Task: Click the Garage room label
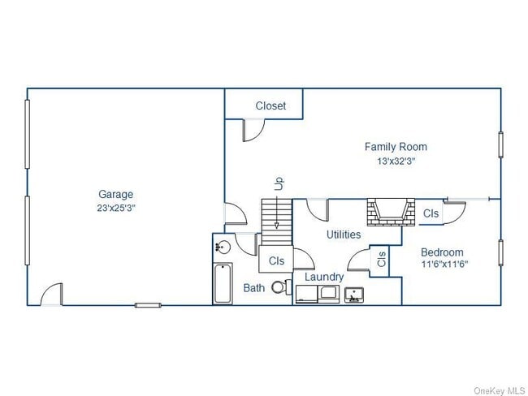point(116,195)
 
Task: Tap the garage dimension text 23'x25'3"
point(116,209)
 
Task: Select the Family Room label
point(396,147)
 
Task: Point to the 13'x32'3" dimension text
point(396,161)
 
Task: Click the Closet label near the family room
point(270,105)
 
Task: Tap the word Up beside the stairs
point(279,183)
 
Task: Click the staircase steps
point(277,222)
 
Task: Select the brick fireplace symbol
point(391,212)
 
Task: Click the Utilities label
point(344,235)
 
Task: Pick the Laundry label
point(324,278)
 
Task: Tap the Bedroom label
point(442,252)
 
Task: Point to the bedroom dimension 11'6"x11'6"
point(444,264)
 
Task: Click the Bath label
point(254,288)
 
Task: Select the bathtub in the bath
point(223,283)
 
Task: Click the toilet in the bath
point(282,287)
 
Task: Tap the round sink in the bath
point(223,247)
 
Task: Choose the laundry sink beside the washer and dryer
point(354,295)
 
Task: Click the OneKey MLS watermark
point(500,390)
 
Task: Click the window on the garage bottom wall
point(148,305)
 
